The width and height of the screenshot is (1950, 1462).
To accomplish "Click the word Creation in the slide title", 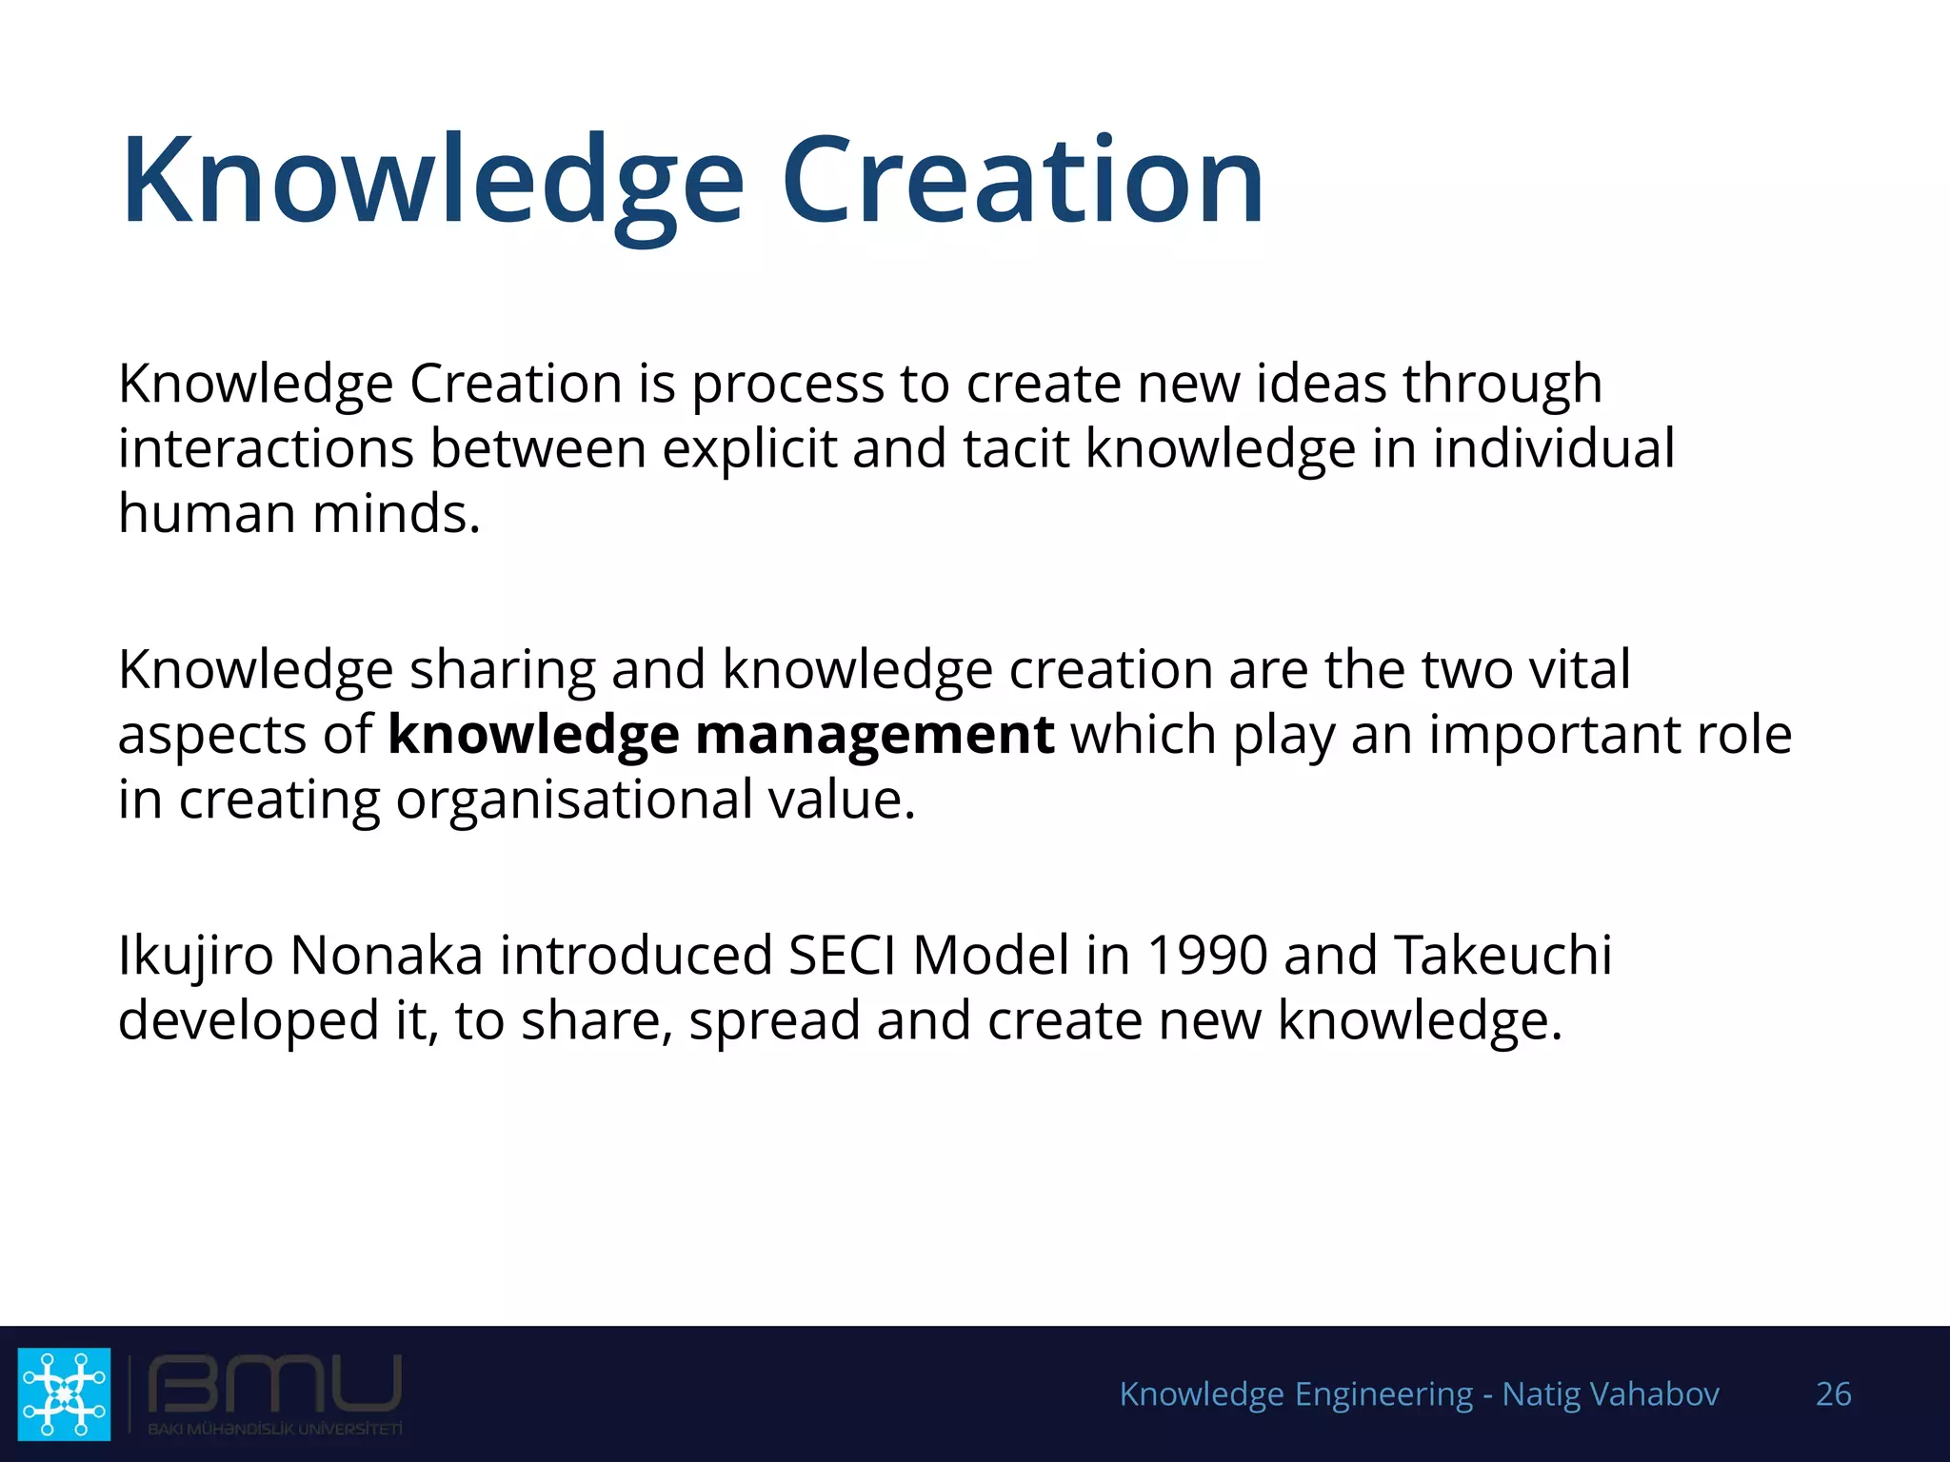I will coord(1023,181).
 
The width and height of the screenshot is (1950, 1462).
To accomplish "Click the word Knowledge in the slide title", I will coord(433,181).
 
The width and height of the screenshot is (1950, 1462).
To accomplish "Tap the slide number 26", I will coord(1833,1394).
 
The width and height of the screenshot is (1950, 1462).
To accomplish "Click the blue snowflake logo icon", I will coord(64,1393).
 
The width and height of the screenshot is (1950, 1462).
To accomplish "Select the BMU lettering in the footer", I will coord(275,1385).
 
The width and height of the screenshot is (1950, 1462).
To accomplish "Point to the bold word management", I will coord(874,735).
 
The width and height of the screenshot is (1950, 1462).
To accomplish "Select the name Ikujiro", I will coord(196,955).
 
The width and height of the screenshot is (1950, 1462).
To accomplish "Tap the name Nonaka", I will coord(386,955).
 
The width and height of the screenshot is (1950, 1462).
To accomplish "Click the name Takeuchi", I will coord(1503,955).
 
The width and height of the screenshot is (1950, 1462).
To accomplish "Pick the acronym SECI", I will coord(842,955).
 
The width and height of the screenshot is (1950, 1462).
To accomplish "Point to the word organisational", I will coord(574,800).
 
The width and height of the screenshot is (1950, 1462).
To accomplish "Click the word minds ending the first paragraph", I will coord(396,514).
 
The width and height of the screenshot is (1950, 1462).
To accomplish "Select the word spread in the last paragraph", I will coord(774,1020).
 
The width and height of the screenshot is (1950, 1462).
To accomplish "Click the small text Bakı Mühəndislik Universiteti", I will coord(275,1429).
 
